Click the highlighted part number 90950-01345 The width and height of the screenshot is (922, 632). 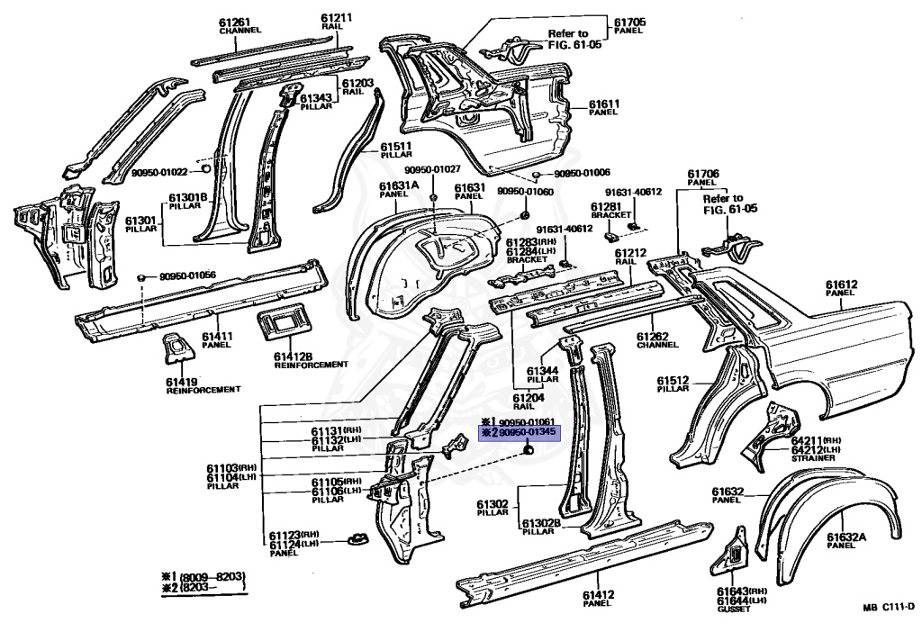tap(527, 433)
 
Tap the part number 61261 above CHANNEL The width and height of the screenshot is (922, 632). tap(235, 23)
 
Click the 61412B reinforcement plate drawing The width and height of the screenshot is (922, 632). tap(285, 321)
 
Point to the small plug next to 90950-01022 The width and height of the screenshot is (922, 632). tap(206, 169)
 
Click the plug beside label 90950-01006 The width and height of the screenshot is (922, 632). tap(537, 175)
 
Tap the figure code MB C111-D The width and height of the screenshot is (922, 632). tap(889, 608)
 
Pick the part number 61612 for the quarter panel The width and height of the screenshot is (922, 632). tap(842, 284)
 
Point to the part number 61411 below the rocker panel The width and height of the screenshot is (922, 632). tap(218, 337)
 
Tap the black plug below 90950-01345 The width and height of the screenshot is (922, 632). tap(528, 450)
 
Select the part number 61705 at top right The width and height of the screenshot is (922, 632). tap(629, 23)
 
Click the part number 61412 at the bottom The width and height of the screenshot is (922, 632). tap(599, 595)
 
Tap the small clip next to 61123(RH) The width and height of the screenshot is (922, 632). tap(357, 538)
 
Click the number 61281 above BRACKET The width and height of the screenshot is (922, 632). tap(606, 206)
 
